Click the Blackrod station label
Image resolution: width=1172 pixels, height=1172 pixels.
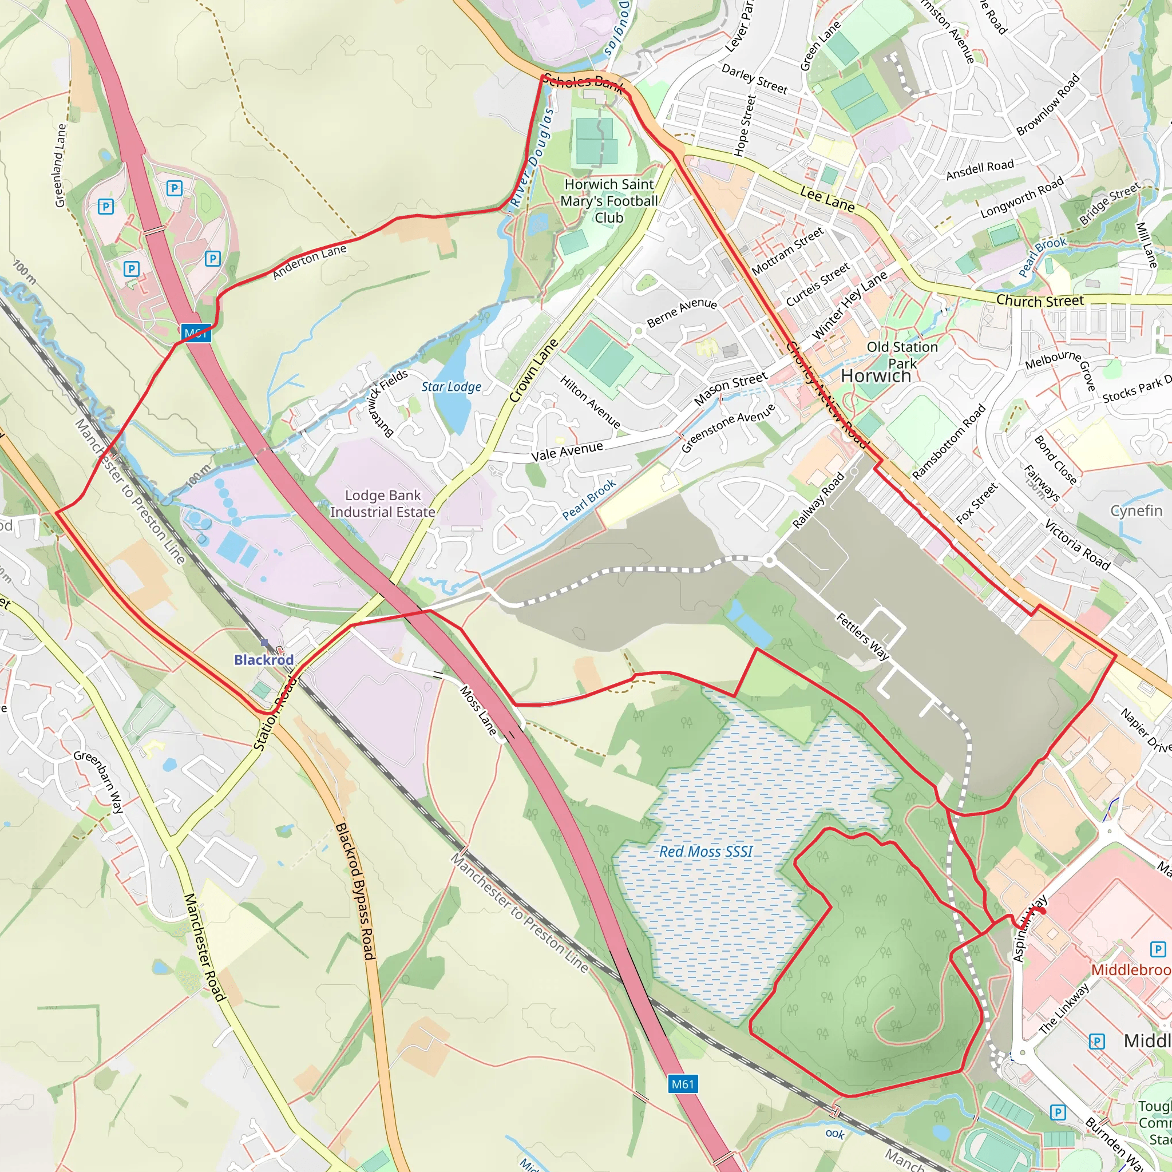264,659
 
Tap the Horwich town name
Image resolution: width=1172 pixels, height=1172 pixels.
876,376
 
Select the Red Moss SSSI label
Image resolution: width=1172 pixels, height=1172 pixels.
706,852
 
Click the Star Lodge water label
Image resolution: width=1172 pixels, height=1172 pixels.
452,387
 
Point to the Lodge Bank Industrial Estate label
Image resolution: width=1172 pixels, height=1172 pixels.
383,504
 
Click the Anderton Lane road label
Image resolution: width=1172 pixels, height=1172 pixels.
310,262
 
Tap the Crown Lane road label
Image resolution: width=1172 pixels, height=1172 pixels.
533,371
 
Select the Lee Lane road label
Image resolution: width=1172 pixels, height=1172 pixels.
827,199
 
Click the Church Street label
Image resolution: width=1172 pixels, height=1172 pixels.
1040,301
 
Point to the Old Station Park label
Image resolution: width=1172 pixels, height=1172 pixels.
902,355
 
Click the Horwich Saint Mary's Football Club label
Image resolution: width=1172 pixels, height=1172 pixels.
609,201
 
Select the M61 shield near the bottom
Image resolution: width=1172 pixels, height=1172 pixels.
683,1084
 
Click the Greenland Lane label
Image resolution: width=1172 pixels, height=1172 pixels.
60,165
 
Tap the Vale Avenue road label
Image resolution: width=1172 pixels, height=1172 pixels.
567,452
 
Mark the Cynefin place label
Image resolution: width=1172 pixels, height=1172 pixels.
1136,511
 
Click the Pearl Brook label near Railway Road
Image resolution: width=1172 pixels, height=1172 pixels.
589,499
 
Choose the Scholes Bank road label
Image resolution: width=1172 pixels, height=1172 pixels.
583,82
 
